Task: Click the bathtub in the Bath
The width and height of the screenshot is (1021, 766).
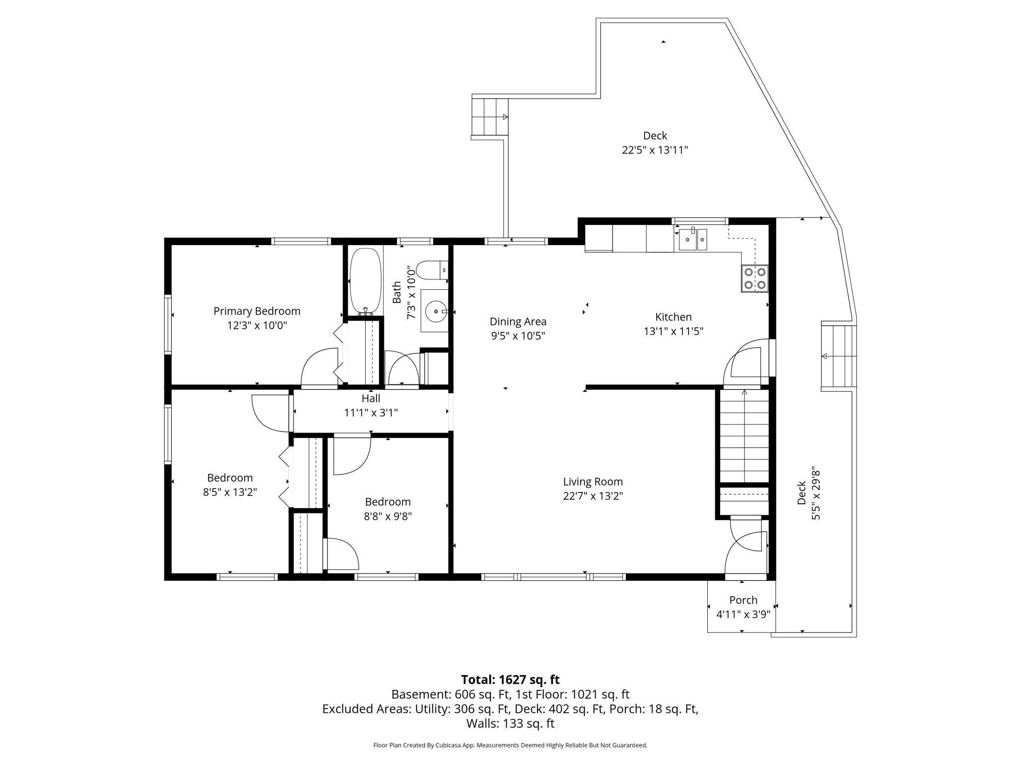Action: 365,281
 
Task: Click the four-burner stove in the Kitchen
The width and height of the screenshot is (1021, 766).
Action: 754,278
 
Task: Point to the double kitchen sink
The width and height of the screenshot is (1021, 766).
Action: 693,240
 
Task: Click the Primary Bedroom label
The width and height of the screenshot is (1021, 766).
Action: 257,311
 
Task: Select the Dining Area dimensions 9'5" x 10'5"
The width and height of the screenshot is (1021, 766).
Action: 518,336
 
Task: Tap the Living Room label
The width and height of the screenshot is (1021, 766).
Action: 592,482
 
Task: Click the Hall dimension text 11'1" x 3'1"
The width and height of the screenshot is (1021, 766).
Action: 371,412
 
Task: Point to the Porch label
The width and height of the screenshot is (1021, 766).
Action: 743,600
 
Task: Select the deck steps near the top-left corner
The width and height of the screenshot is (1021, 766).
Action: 489,117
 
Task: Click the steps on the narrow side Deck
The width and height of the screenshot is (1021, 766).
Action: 839,356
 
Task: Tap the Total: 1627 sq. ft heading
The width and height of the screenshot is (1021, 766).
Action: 510,680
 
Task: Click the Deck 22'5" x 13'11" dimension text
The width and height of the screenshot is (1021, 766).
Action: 655,150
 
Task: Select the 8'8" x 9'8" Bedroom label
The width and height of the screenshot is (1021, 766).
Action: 387,502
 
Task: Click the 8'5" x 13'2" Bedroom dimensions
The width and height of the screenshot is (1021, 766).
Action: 230,492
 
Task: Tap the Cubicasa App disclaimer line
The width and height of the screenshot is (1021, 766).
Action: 510,745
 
